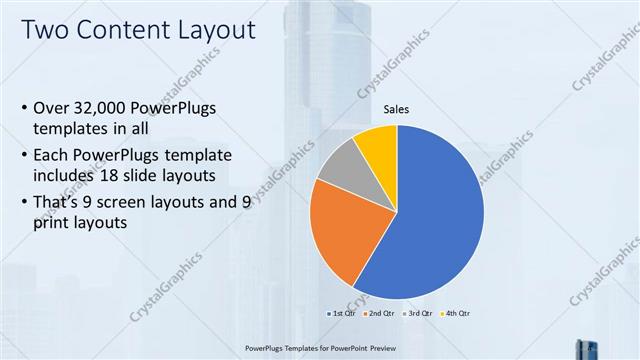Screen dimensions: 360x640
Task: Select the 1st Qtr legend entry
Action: coord(342,313)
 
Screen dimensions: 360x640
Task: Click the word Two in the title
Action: coord(46,30)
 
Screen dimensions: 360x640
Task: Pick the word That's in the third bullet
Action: coord(59,202)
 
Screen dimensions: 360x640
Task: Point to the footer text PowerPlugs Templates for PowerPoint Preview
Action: coord(319,348)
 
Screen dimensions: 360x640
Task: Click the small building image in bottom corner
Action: coord(585,349)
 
